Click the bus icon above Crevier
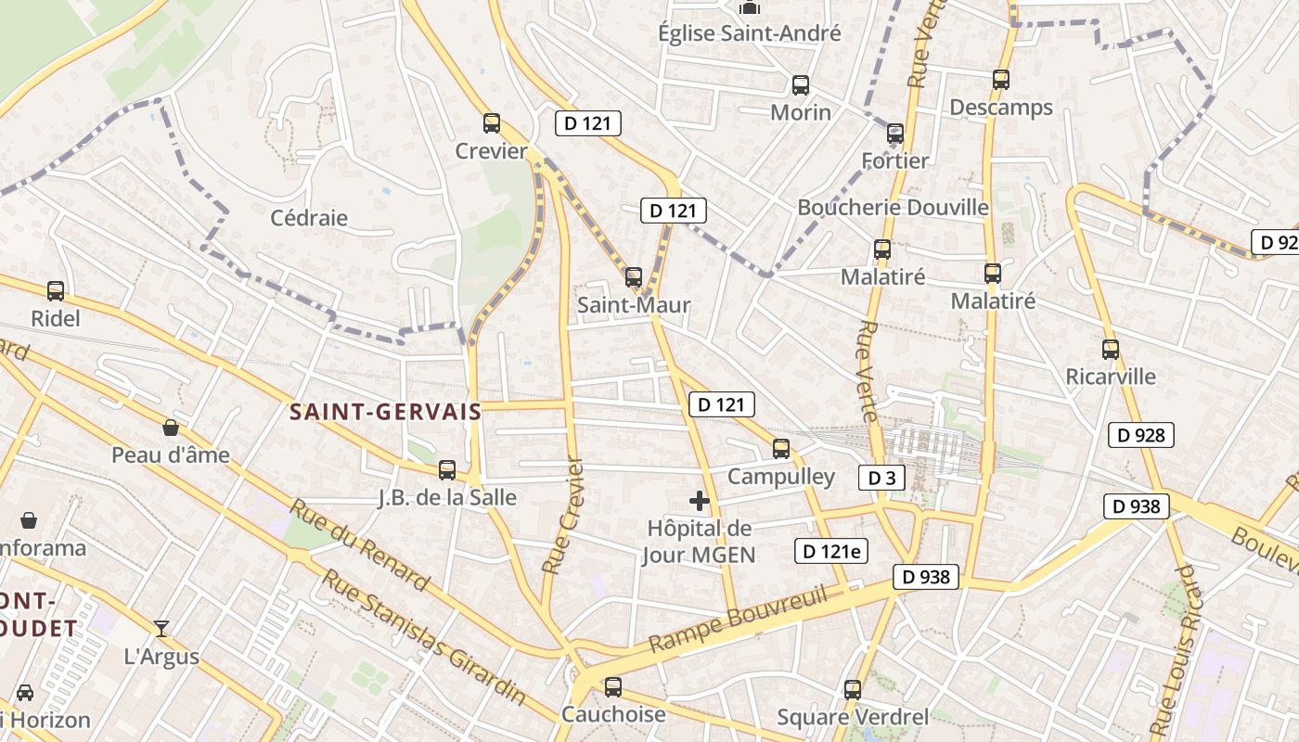(492, 122)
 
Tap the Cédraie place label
(309, 218)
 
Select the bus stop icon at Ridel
(56, 291)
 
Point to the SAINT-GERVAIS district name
(385, 412)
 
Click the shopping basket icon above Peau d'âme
(171, 428)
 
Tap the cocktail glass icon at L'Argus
(161, 629)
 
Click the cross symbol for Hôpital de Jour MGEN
(700, 502)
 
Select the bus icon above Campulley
(781, 449)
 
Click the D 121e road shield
(831, 551)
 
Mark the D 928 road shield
(1141, 434)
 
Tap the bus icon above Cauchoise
(612, 687)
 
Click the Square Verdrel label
(853, 716)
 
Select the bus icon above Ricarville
(1111, 350)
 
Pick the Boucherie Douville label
(893, 207)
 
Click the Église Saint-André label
(750, 33)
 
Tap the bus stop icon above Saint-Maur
(634, 276)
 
